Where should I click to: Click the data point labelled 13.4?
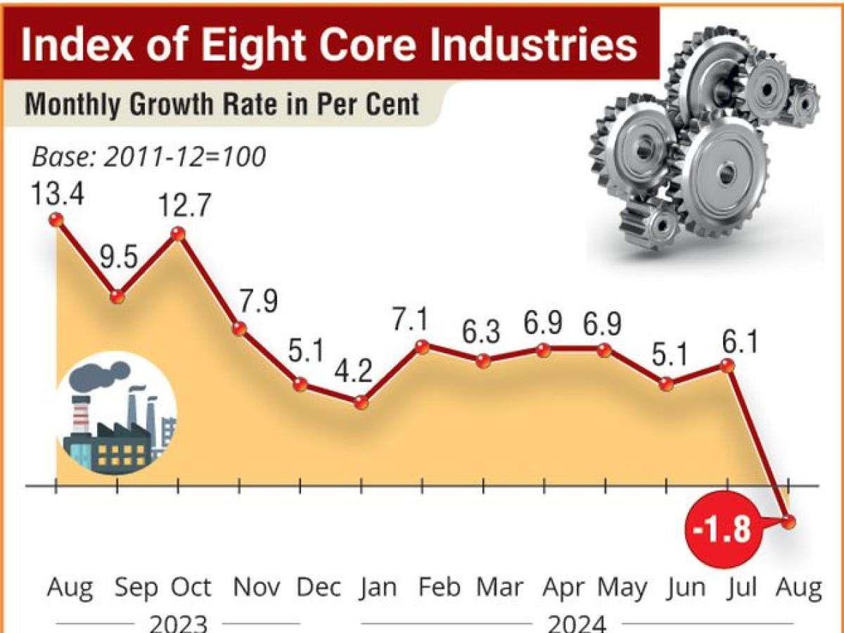[x=56, y=219]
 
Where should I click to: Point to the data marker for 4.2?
[x=361, y=403]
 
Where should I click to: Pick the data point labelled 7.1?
[x=422, y=346]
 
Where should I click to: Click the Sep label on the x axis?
[x=135, y=588]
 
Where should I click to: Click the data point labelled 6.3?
[x=482, y=361]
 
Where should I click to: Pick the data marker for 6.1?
[x=727, y=366]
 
